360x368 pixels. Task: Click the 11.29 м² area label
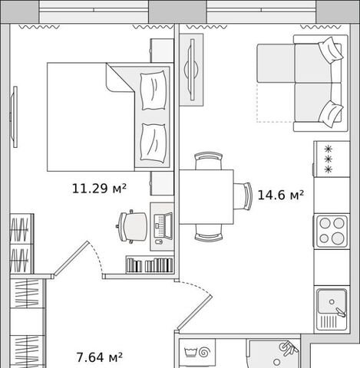point(99,189)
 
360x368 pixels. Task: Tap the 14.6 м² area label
point(281,195)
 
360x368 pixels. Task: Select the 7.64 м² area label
point(100,357)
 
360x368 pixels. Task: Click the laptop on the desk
point(163,226)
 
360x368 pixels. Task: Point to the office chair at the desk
point(132,226)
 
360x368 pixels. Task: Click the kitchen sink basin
point(332,302)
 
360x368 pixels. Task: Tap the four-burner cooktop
point(332,232)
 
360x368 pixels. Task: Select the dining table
point(206,197)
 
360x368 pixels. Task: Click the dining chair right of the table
point(243,196)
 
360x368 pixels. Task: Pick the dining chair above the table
point(208,161)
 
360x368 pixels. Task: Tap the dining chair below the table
point(208,232)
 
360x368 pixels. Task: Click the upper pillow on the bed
point(154,90)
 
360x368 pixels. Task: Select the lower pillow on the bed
point(154,143)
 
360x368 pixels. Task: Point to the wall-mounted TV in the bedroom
point(15,117)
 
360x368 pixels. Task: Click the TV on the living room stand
point(192,69)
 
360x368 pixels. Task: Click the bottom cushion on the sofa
point(331,113)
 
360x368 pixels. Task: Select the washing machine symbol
point(197,353)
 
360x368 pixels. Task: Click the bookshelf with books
point(150,265)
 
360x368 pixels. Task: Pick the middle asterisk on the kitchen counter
point(328,159)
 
